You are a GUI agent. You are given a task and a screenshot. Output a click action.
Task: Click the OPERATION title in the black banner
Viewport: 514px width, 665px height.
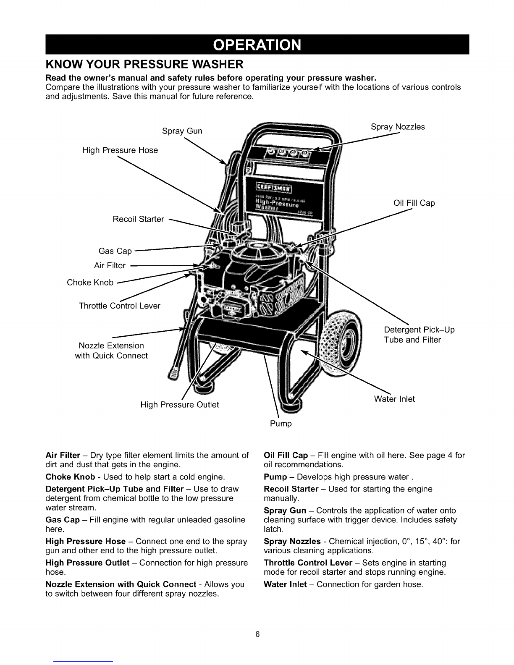click(257, 45)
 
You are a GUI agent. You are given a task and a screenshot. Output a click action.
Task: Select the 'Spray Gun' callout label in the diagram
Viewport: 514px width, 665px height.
click(182, 131)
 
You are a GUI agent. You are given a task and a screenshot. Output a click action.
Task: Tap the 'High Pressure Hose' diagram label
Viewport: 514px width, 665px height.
click(120, 150)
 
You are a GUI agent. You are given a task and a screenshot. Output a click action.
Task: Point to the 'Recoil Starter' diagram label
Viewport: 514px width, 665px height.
click(139, 219)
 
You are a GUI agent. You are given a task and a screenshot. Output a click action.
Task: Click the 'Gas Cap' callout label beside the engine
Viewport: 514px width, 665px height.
click(115, 251)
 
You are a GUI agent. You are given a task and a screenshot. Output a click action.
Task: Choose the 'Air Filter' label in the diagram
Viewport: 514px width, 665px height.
click(110, 265)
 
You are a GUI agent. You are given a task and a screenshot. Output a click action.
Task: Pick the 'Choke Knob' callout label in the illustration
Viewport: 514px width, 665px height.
click(90, 283)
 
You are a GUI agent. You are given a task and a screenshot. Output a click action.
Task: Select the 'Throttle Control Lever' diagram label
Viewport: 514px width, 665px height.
click(119, 306)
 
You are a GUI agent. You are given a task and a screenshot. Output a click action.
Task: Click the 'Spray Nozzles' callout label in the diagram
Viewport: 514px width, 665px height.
click(398, 127)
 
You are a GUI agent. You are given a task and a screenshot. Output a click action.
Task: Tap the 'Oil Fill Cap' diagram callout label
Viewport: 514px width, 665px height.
click(414, 203)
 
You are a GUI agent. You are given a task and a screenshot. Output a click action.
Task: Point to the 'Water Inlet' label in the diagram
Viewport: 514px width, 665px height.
click(394, 399)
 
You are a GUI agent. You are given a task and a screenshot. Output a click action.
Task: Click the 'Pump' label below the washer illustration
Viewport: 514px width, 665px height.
click(281, 424)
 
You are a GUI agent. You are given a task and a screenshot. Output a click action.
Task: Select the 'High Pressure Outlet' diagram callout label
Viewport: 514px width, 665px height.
click(180, 405)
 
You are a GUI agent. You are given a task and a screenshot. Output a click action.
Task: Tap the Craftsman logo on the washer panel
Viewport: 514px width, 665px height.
click(274, 187)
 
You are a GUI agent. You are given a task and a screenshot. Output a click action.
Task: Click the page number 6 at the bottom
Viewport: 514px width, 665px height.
click(257, 634)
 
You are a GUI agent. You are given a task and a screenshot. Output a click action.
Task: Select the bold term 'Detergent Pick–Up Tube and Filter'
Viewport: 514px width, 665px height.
click(115, 489)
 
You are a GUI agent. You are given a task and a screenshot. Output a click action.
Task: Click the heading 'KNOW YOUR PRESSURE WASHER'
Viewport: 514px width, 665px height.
click(144, 64)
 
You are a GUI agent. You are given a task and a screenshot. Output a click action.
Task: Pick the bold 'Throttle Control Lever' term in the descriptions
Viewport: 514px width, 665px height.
click(308, 563)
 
